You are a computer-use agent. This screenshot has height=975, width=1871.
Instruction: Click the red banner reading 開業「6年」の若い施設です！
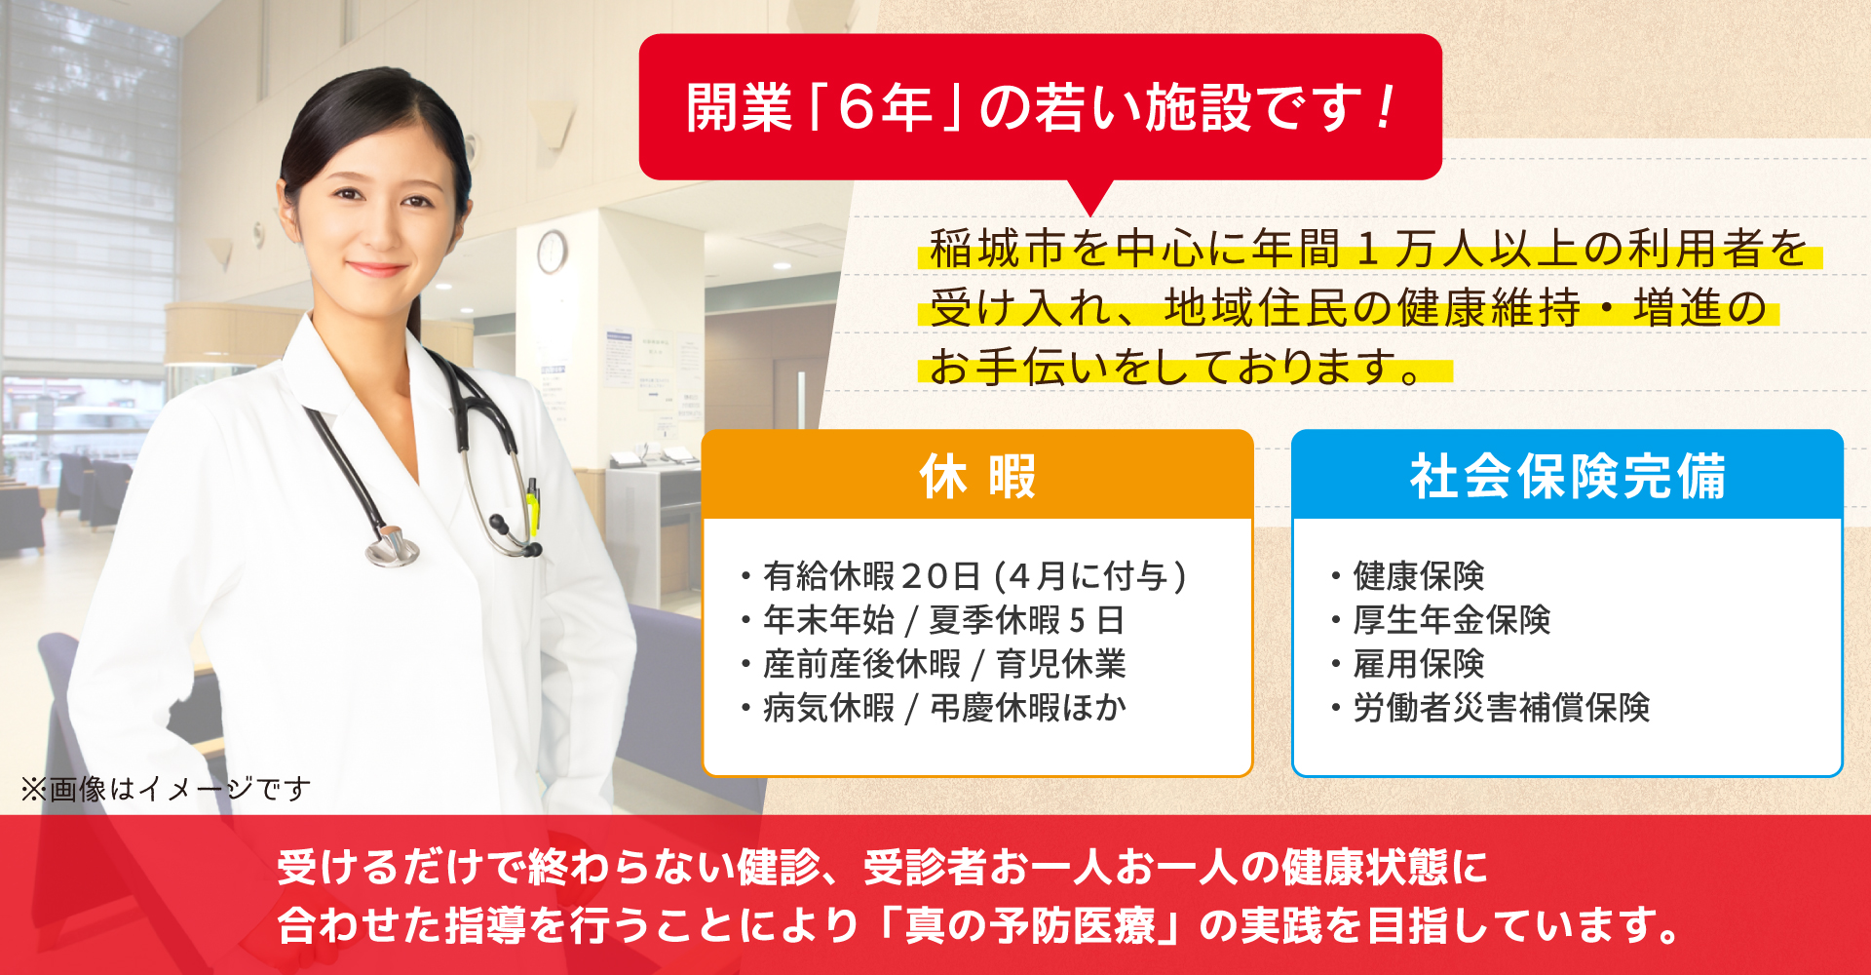(1040, 107)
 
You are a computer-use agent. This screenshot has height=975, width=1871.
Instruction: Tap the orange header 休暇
(977, 476)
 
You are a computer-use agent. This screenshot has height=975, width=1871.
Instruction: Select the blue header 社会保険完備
(1567, 476)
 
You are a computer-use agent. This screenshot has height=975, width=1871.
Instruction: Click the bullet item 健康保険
(1418, 576)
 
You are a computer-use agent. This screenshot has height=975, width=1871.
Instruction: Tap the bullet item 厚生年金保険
(1451, 620)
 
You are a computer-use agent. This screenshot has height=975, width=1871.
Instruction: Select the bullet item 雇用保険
(1418, 664)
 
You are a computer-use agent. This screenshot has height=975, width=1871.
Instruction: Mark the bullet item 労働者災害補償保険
(1501, 708)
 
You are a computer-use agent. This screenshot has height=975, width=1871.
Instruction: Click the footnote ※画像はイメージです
(166, 788)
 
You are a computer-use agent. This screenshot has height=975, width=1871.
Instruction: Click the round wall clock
(552, 251)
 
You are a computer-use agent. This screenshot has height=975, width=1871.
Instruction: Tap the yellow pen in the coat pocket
(533, 502)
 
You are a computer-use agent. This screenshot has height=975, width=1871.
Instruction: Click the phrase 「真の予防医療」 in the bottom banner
(1030, 924)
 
